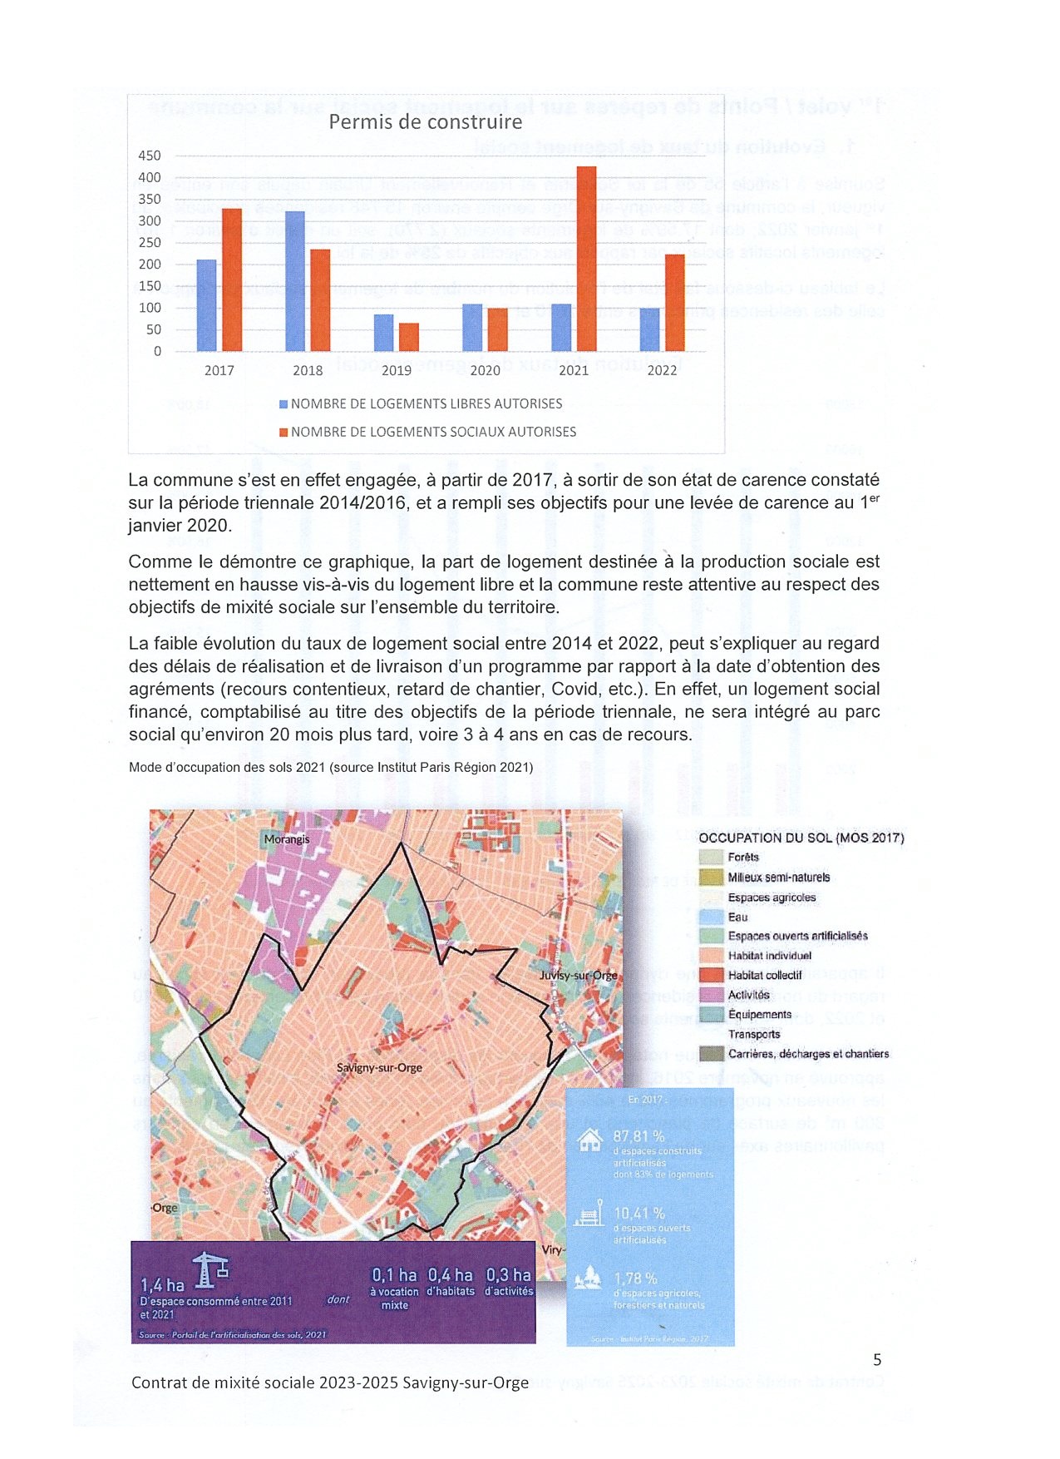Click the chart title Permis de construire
click(425, 122)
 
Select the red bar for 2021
click(586, 259)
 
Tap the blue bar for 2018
click(295, 281)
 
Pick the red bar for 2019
click(408, 337)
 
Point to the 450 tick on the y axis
click(150, 156)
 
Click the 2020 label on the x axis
click(485, 370)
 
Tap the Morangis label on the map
click(286, 839)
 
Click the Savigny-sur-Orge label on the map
click(379, 1067)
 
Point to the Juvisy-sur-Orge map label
click(578, 975)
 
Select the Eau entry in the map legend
click(737, 917)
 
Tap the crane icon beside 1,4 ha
click(210, 1270)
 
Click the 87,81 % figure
click(638, 1136)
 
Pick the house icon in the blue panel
click(589, 1140)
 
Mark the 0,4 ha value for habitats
click(450, 1275)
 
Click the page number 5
click(877, 1360)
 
